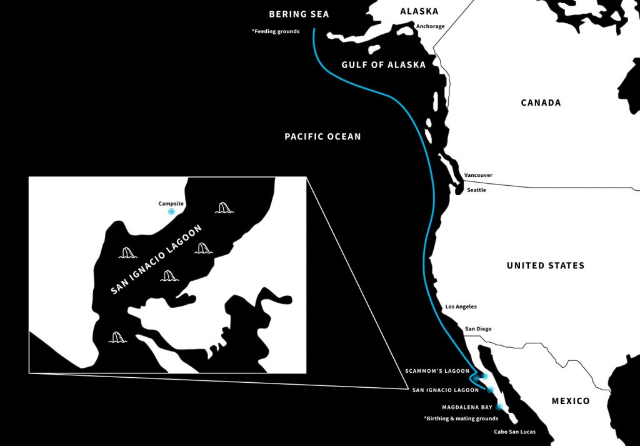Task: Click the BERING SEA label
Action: tap(299, 14)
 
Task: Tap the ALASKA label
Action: tap(419, 11)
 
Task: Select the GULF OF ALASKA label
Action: tap(383, 65)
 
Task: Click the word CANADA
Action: tap(541, 103)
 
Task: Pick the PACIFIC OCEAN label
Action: tap(322, 136)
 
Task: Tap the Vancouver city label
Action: tap(478, 175)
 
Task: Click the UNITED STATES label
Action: tap(546, 266)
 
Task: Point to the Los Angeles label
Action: tap(461, 307)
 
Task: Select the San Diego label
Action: tap(478, 328)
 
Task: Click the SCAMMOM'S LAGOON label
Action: tap(438, 371)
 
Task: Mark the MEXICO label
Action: tap(570, 401)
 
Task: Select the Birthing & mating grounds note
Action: tap(461, 418)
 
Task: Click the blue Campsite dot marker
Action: tap(171, 212)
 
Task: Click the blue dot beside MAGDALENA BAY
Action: tap(499, 407)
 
